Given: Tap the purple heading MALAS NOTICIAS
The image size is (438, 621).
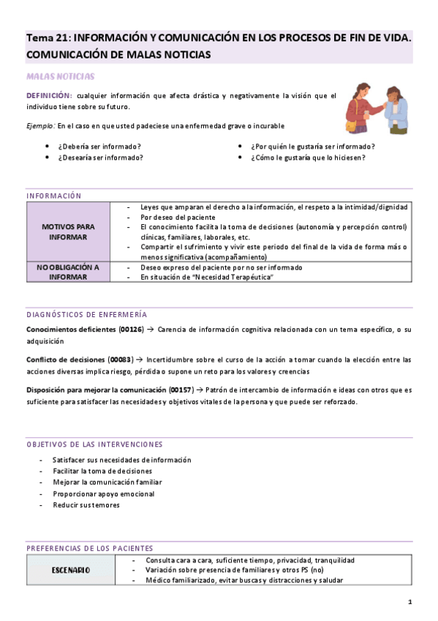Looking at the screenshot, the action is click(60, 75).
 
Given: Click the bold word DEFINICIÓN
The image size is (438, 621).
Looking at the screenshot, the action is click(49, 96).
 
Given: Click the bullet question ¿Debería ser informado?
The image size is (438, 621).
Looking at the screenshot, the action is click(99, 146).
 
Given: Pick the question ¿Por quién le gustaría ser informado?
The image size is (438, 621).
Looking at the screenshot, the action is click(313, 146).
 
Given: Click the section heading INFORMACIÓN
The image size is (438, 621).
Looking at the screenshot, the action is click(53, 196).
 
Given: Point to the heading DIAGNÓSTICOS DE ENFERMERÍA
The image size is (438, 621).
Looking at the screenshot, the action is click(86, 314).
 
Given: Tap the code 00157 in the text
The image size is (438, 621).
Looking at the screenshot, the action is click(181, 390).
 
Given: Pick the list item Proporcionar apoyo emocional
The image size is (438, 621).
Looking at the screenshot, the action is click(103, 494).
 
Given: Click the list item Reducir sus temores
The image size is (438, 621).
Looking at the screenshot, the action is click(86, 505).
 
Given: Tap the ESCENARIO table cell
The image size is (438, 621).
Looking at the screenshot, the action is click(70, 570).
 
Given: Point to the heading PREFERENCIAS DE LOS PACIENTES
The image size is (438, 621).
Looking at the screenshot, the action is click(89, 548).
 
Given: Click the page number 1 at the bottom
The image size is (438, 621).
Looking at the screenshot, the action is click(410, 602).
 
